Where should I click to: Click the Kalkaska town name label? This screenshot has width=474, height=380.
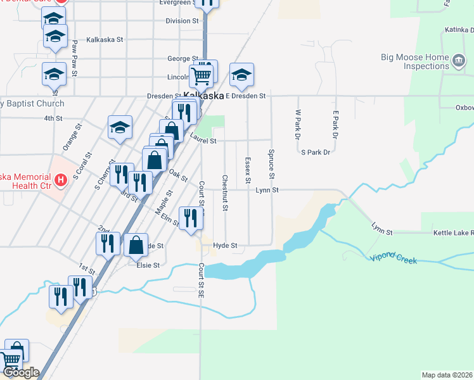pos(203,96)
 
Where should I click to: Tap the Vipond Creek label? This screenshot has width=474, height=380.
pos(393,257)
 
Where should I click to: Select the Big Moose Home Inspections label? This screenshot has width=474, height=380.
pos(415,61)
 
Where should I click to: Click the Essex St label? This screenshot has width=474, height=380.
pos(248,168)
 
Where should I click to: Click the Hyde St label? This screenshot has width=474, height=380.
pos(225,245)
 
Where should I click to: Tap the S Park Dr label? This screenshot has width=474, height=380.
pos(316,153)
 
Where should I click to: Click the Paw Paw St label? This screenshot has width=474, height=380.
pos(75,58)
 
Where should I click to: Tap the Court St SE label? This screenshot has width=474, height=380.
pos(200,284)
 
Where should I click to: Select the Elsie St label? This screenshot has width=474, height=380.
pos(148,265)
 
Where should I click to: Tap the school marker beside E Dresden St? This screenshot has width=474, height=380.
pos(241,75)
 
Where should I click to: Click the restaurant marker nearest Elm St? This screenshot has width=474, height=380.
pos(191,219)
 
